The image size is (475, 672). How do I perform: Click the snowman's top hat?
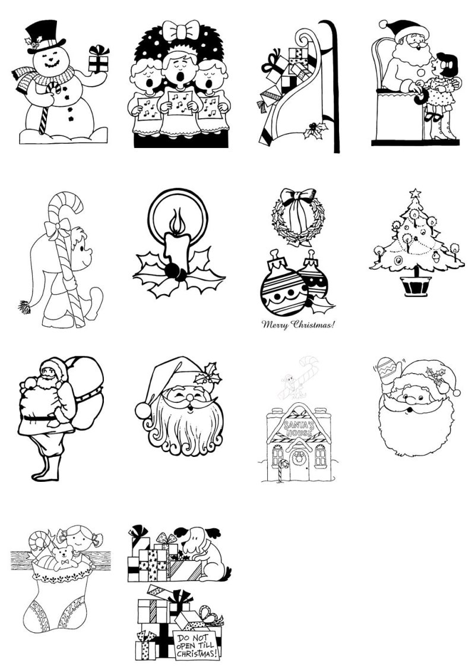tap(45, 36)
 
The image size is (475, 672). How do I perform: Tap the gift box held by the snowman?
tap(99, 59)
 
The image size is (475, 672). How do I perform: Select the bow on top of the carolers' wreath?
tap(181, 30)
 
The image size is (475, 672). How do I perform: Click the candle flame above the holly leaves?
tap(176, 222)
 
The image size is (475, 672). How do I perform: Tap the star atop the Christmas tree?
tap(415, 194)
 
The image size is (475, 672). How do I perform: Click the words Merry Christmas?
tap(298, 324)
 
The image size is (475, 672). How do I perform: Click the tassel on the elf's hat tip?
tap(24, 307)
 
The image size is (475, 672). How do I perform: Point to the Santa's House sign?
tap(299, 428)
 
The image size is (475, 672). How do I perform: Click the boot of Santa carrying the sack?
tap(46, 468)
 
